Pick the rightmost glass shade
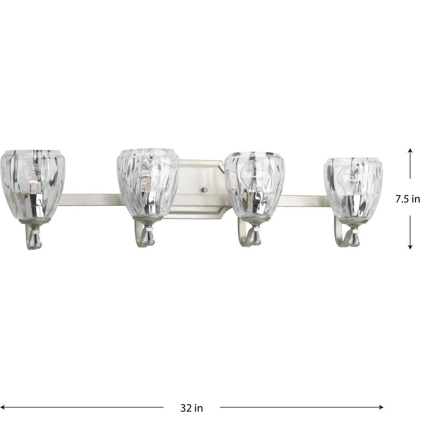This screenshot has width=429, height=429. point(354,189)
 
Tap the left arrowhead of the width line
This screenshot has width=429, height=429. point(4,405)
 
